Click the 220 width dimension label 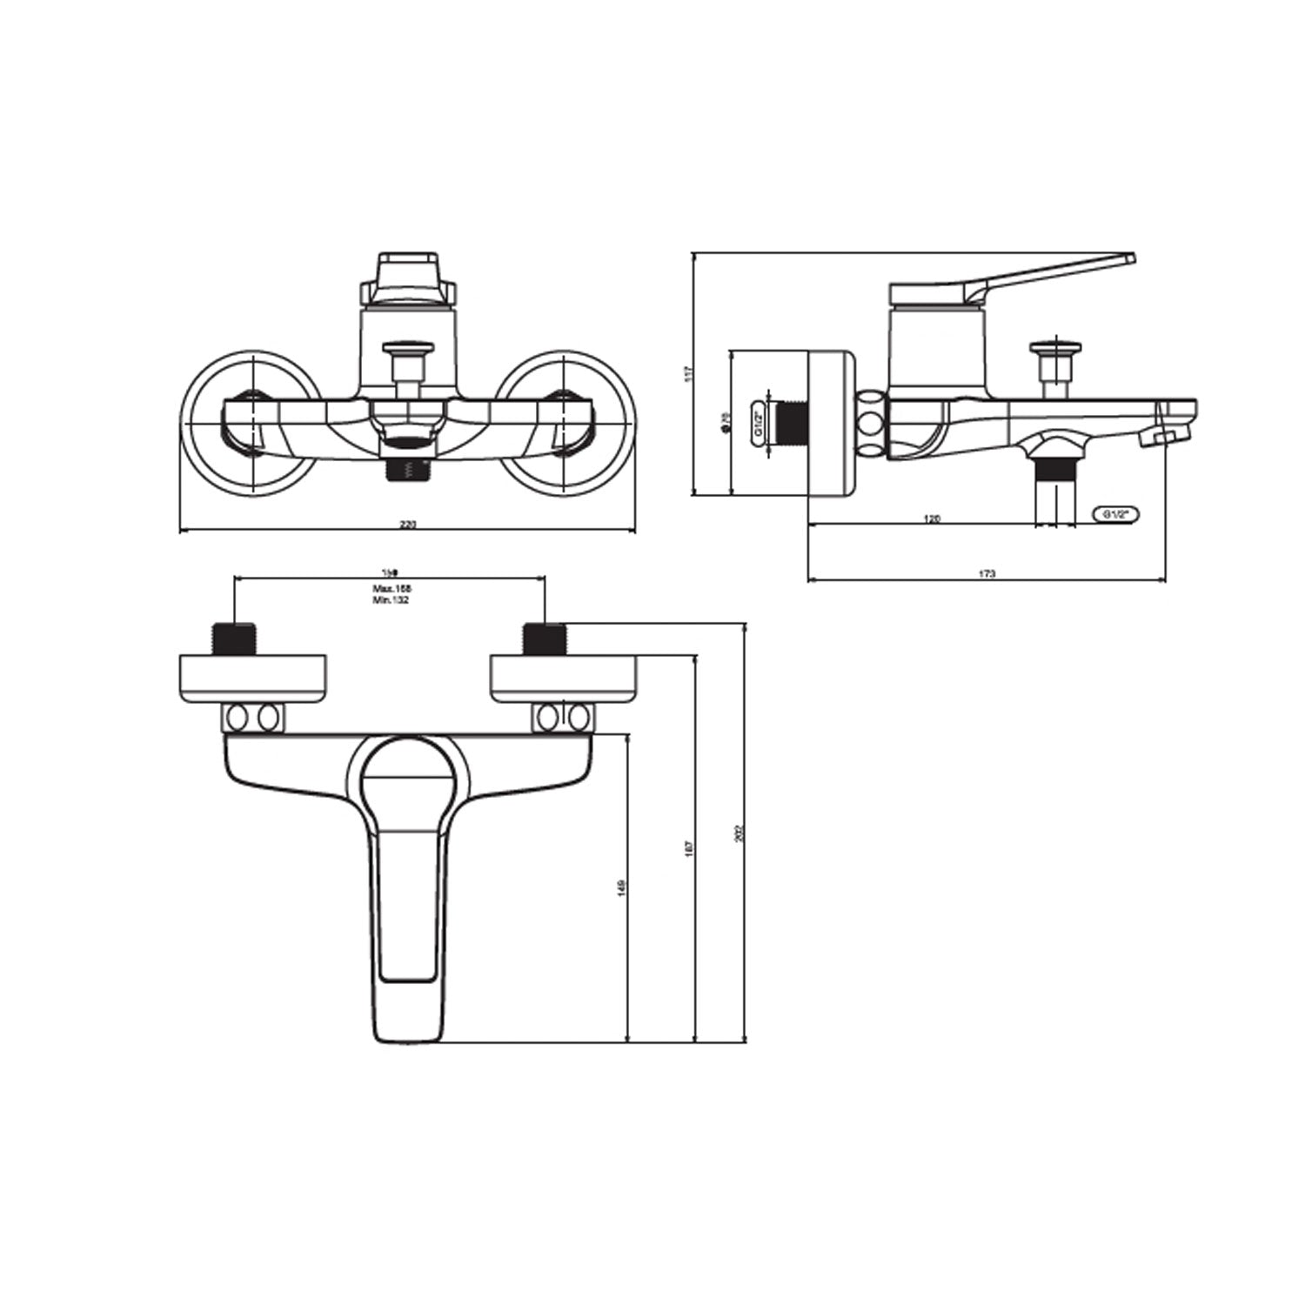pyautogui.click(x=407, y=525)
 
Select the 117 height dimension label pyautogui.click(x=687, y=373)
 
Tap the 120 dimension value pyautogui.click(x=931, y=519)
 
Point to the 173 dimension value pyautogui.click(x=987, y=573)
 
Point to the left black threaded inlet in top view pyautogui.click(x=233, y=639)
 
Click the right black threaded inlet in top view pyautogui.click(x=545, y=639)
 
